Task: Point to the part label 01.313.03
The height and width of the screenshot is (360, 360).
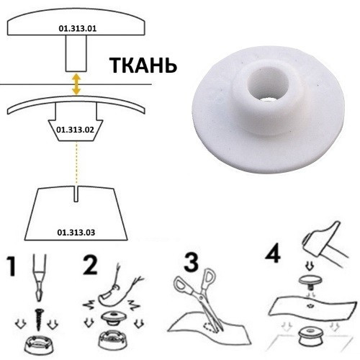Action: pyautogui.click(x=75, y=232)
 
